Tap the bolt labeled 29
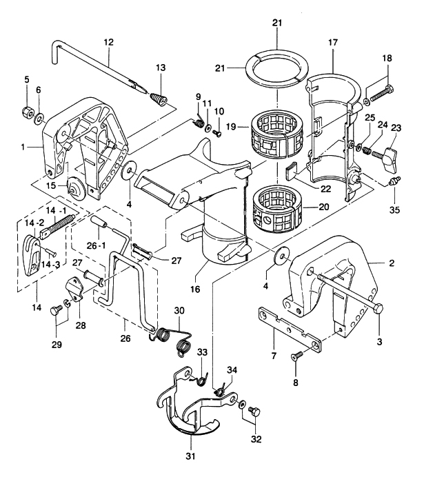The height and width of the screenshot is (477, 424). pyautogui.click(x=55, y=312)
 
